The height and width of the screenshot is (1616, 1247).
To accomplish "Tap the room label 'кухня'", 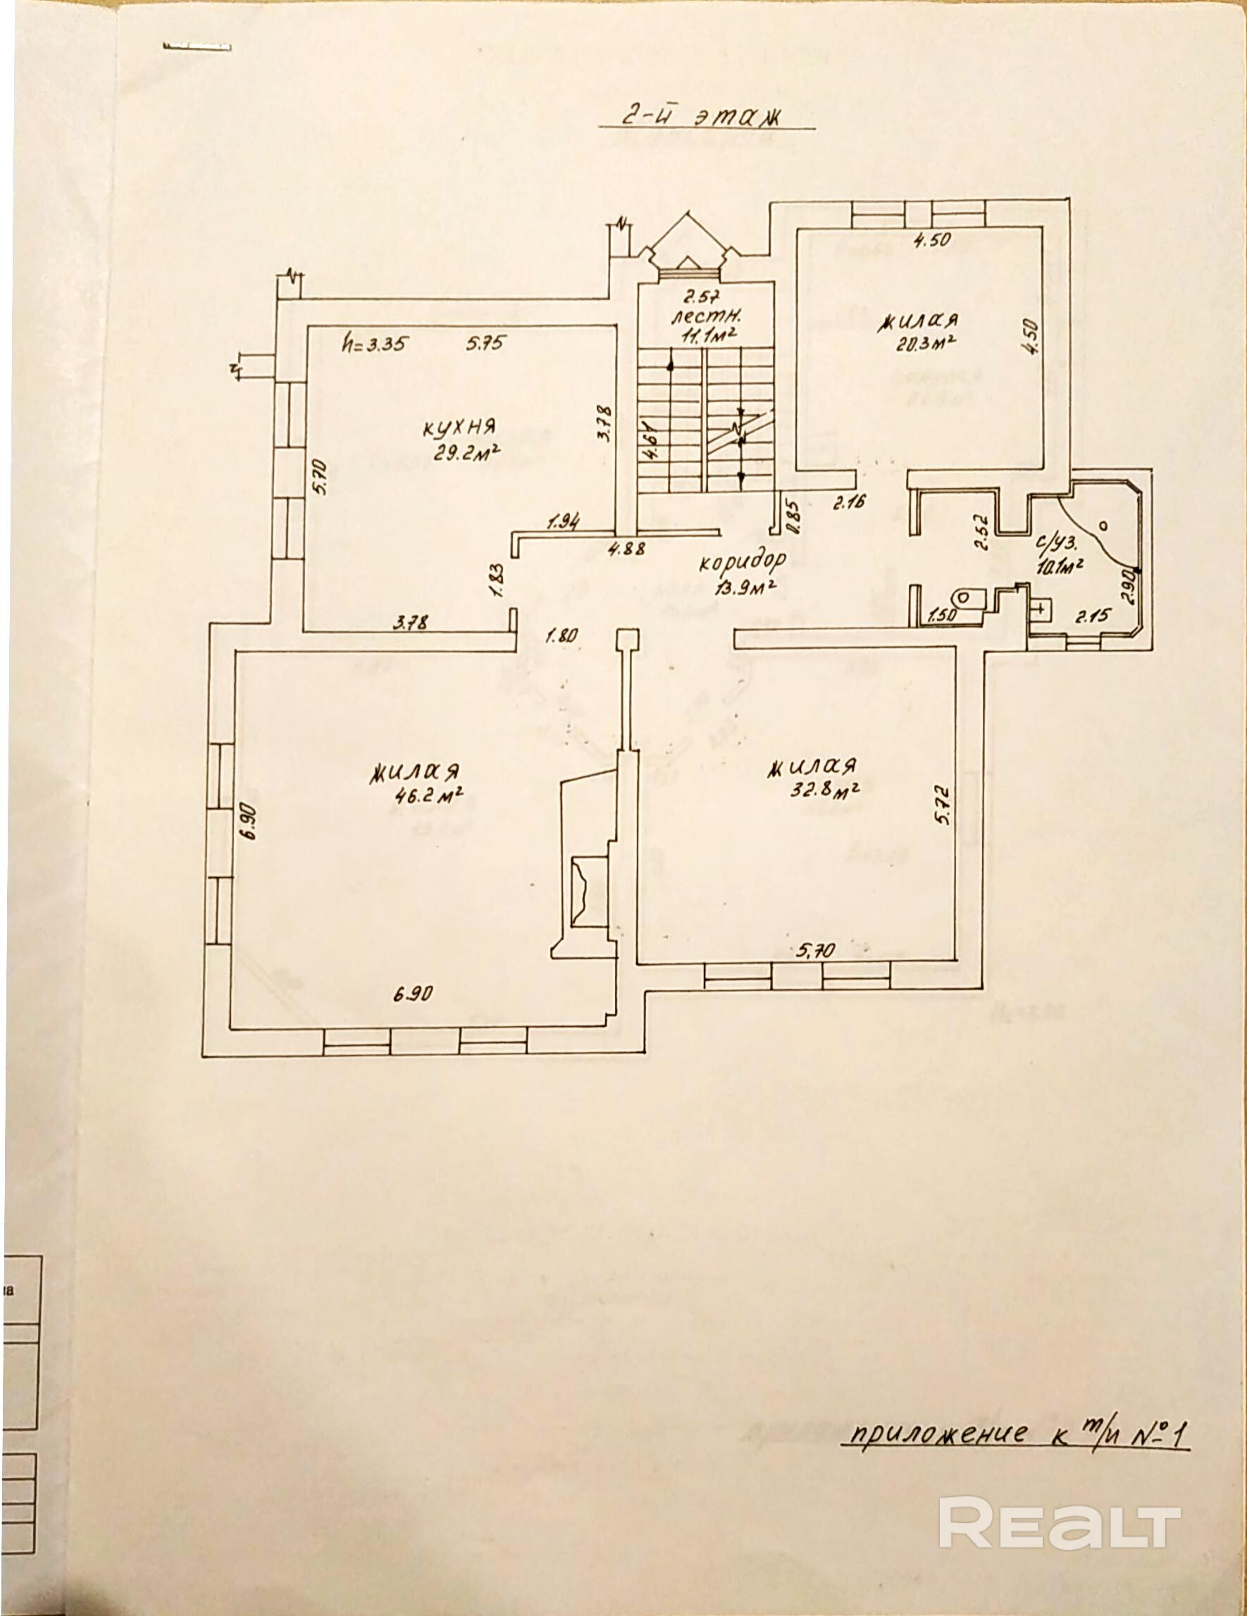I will click(459, 427).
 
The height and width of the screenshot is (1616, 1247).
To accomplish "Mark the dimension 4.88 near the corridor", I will click(626, 549).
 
